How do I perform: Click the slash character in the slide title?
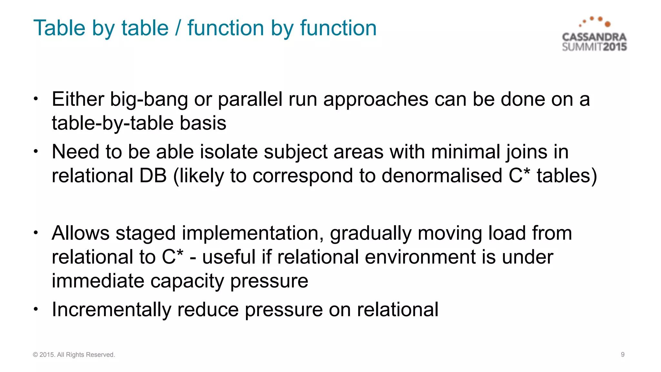178,28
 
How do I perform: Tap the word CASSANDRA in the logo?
594,37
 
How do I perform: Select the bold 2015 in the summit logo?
615,47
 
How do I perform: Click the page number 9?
623,355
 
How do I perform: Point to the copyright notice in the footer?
74,355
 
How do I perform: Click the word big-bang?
149,99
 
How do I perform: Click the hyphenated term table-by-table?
113,124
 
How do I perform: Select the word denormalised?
442,176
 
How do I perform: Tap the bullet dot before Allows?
36,232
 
